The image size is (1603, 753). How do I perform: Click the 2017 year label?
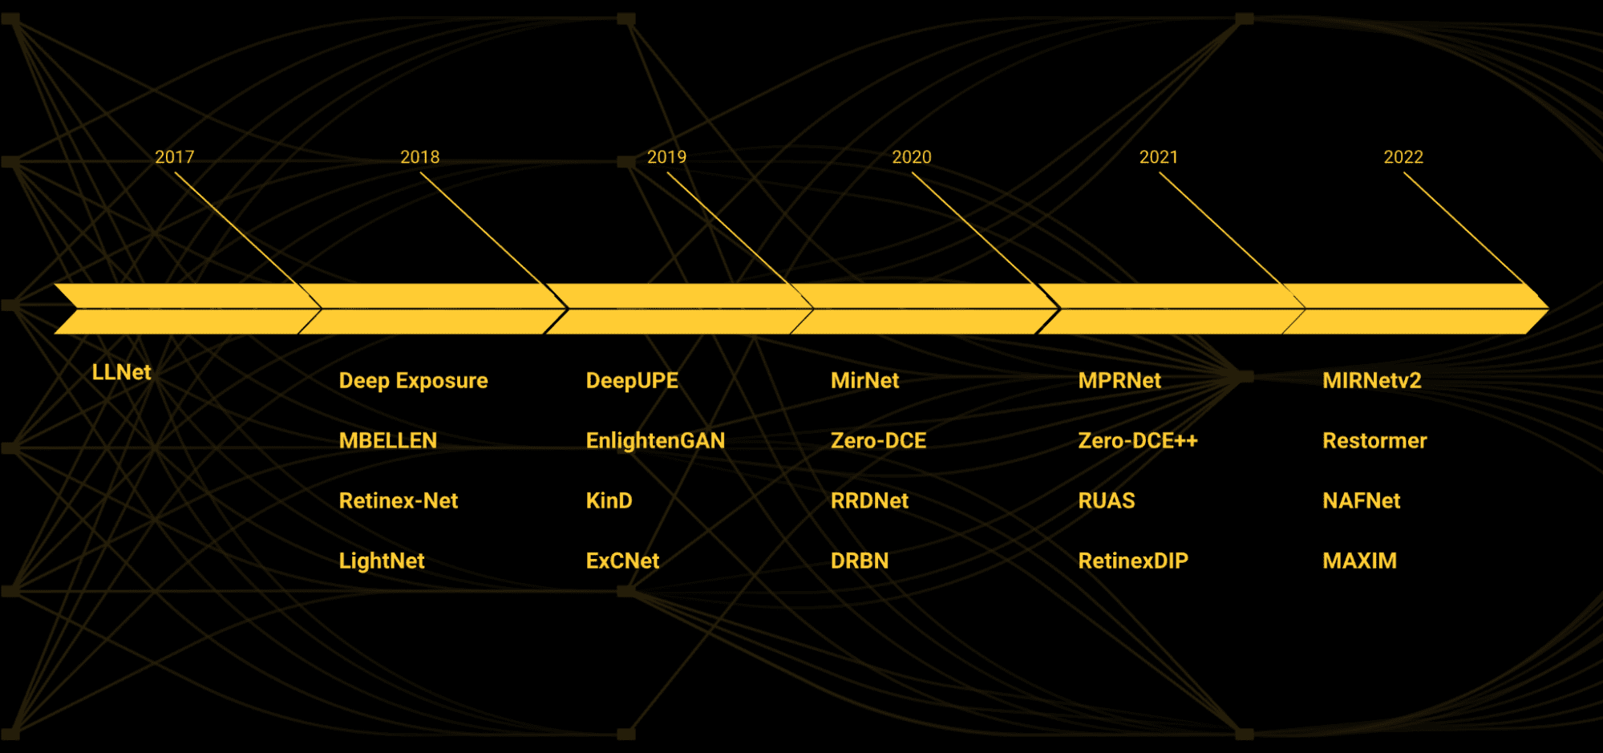tap(174, 157)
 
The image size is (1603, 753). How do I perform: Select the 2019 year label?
tap(666, 157)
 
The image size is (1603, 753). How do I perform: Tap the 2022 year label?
tap(1403, 157)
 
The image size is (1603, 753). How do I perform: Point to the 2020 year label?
tap(912, 157)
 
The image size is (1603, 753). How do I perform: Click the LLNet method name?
tap(121, 372)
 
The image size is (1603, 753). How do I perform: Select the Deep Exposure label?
tap(413, 380)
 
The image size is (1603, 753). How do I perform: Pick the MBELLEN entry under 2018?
tap(387, 440)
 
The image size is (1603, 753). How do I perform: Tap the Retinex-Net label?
tap(398, 500)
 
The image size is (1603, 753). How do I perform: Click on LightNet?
tap(381, 561)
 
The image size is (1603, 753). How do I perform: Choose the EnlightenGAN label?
tap(655, 440)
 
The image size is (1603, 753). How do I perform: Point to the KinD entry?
tap(609, 500)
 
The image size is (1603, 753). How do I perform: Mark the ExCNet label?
tap(622, 561)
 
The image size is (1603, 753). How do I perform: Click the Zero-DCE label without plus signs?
tap(878, 440)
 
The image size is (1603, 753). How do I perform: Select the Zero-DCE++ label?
tap(1137, 440)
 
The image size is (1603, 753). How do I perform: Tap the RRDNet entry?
tap(869, 500)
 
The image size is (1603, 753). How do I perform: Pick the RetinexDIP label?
tap(1132, 561)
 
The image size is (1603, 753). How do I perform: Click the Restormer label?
tap(1374, 440)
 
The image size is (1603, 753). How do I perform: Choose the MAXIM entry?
tap(1359, 561)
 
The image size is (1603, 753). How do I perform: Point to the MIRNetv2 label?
tap(1371, 380)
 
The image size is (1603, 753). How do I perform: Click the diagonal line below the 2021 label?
tap(1219, 228)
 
